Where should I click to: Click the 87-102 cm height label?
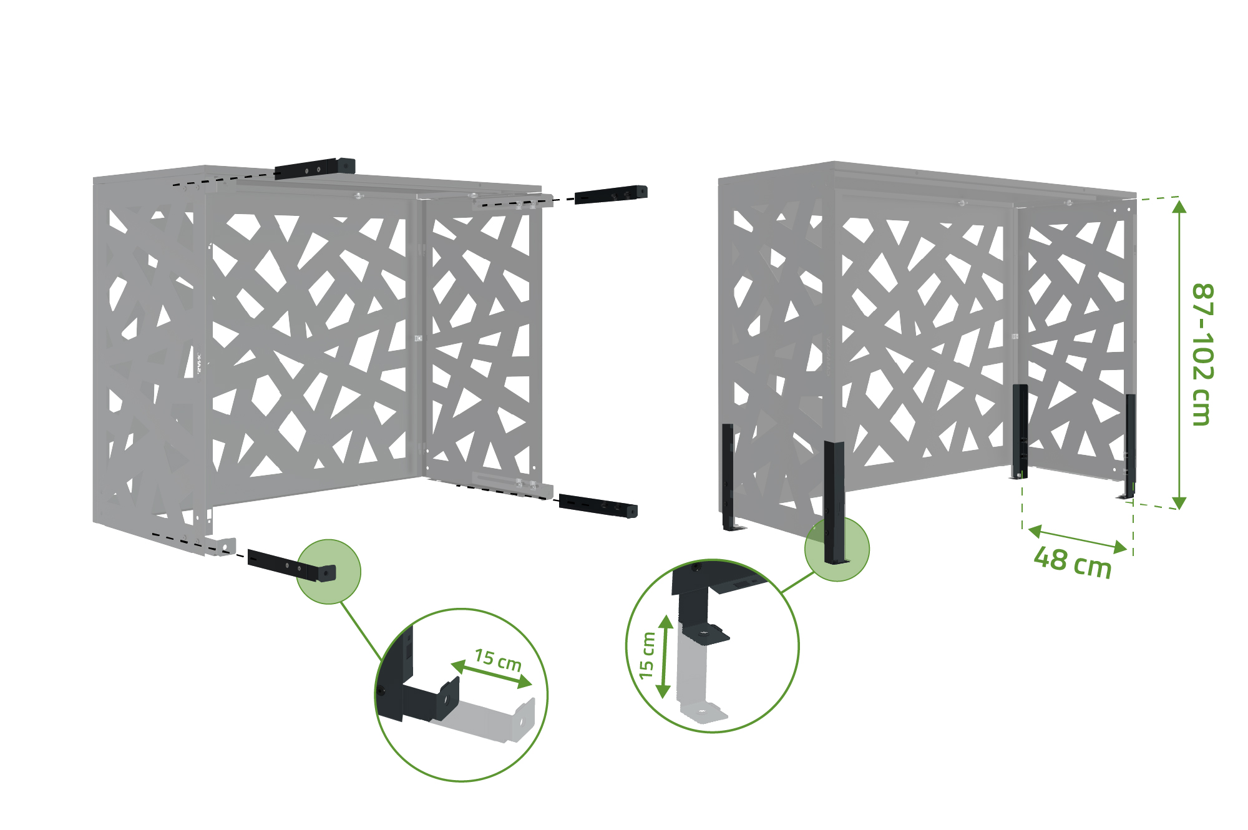1202,354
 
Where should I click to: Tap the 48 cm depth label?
1073,562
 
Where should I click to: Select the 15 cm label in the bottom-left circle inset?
498,660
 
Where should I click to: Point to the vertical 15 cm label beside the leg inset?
647,655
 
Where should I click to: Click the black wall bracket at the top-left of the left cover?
315,168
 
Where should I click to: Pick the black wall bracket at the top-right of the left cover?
611,194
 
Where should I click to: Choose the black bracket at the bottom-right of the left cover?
598,505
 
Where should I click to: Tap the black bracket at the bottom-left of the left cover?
291,565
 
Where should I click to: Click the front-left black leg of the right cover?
834,503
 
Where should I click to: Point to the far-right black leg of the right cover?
1130,446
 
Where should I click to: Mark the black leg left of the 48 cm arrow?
1020,432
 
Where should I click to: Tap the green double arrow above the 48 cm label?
1077,540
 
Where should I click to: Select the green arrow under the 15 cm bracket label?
491,675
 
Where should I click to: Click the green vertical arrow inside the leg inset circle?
665,657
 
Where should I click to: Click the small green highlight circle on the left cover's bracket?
328,572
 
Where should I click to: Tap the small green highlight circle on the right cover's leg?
837,549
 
